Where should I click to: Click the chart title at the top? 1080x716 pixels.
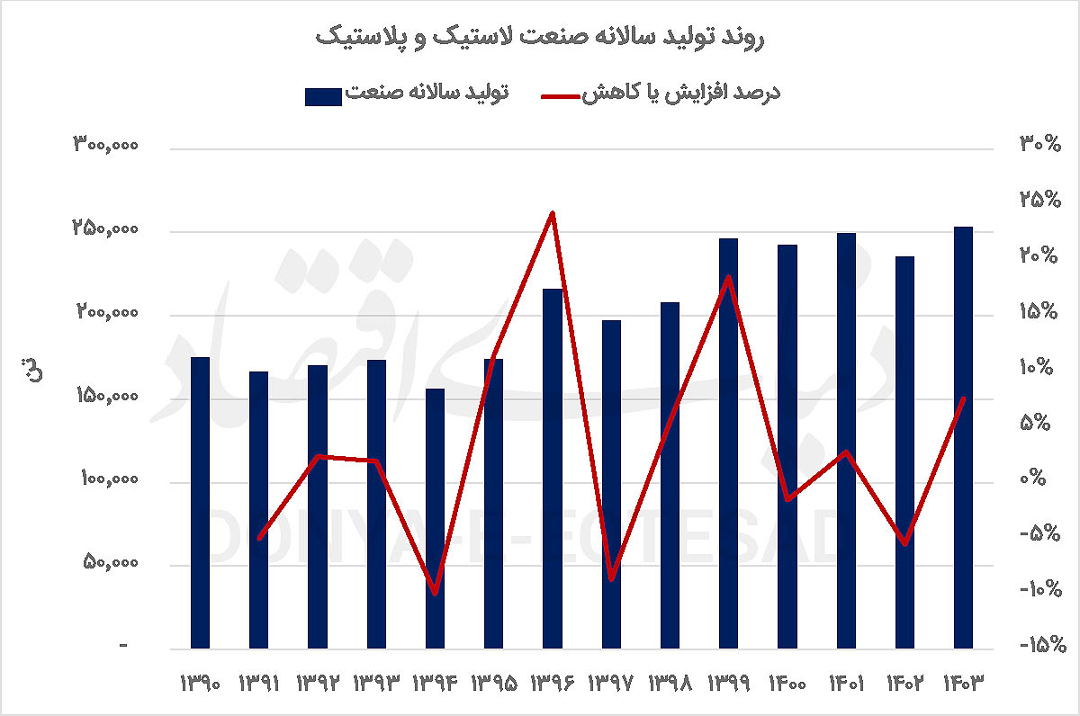click(x=540, y=38)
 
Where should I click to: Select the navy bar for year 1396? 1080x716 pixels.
click(x=552, y=468)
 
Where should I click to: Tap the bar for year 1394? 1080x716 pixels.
click(x=435, y=517)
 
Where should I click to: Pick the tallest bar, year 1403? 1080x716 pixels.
click(x=963, y=436)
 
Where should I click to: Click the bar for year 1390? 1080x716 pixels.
click(x=200, y=502)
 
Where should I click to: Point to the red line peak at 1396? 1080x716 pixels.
click(x=553, y=213)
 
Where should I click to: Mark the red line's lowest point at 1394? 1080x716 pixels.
click(x=435, y=593)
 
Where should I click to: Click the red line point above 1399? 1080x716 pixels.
click(x=729, y=277)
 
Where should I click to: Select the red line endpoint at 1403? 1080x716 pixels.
click(x=963, y=398)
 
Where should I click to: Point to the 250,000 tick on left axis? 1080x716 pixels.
click(x=105, y=230)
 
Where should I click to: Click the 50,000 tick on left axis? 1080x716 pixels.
click(x=110, y=564)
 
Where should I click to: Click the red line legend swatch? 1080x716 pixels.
click(x=563, y=94)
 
